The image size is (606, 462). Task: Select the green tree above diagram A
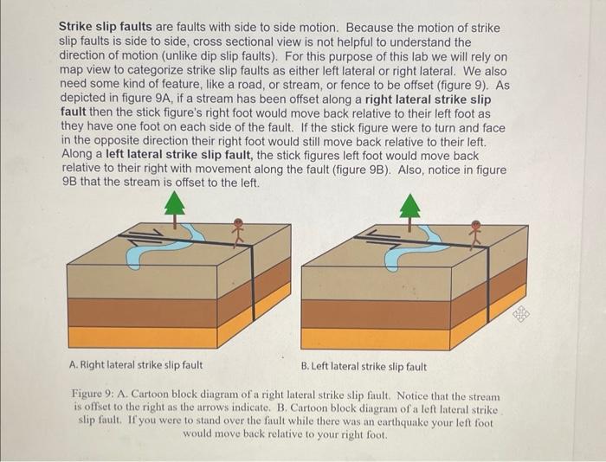176,204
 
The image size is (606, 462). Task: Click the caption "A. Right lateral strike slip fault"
136,366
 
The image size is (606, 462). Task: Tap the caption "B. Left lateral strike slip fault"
364,366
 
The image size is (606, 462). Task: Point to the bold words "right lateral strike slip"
433,99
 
